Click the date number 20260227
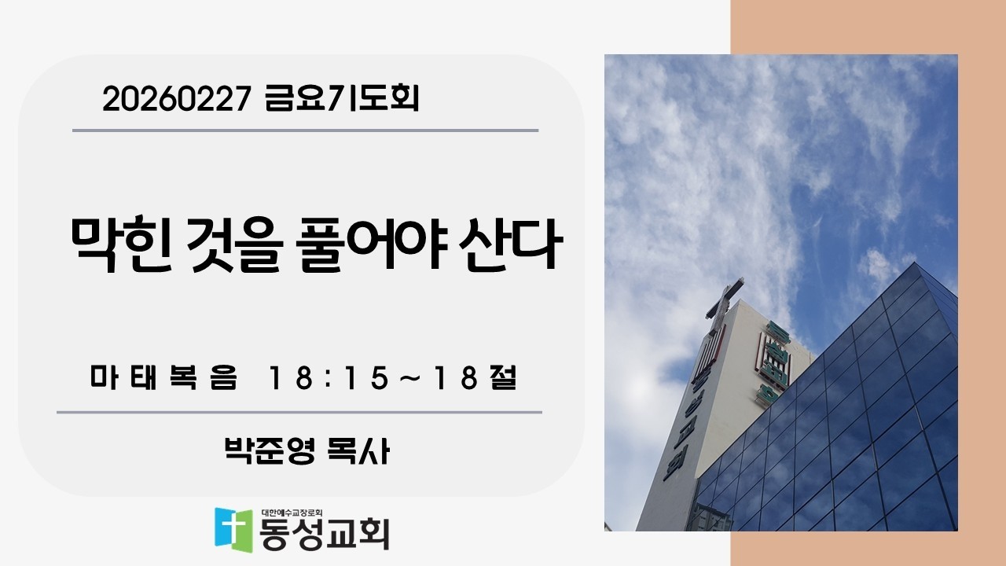pyautogui.click(x=176, y=100)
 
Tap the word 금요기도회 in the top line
pyautogui.click(x=343, y=100)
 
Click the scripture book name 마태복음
pyautogui.click(x=163, y=379)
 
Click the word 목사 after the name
pyautogui.click(x=358, y=451)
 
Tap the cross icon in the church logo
pyautogui.click(x=233, y=527)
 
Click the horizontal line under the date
pyautogui.click(x=305, y=130)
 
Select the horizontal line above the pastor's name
pyautogui.click(x=299, y=412)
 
